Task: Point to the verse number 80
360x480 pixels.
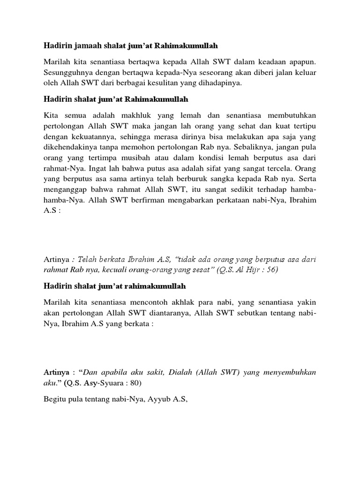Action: click(136, 382)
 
